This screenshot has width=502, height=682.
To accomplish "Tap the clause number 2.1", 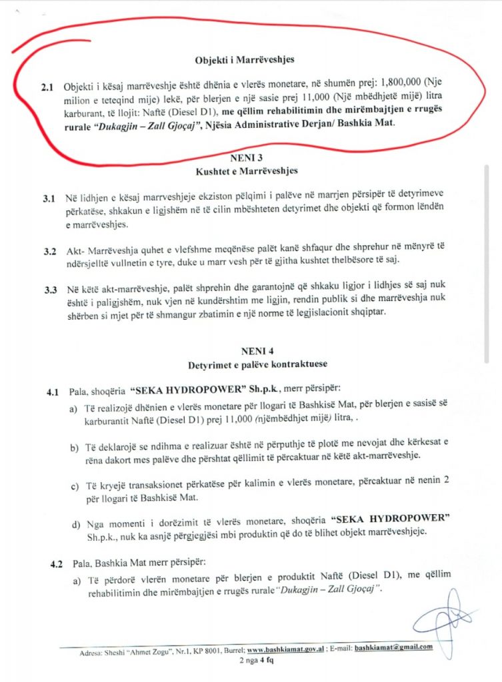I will click(47, 88).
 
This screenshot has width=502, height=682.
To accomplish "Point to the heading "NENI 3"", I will click(245, 159).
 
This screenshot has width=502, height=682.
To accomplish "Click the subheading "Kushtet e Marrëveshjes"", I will click(245, 171).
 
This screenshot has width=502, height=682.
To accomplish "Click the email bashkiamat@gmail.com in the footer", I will click(393, 647).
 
